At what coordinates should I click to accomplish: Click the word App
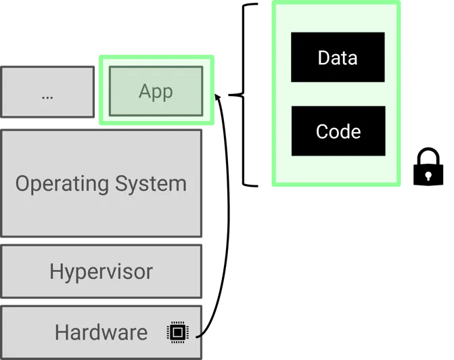tap(156, 92)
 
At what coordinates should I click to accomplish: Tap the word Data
tap(338, 58)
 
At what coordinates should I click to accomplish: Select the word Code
tap(338, 131)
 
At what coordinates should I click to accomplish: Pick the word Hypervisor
tap(101, 272)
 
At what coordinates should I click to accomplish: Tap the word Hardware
tap(101, 332)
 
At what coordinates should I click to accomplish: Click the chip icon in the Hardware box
tap(177, 332)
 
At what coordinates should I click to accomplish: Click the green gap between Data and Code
tap(338, 94)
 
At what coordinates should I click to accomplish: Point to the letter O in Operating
tap(22, 183)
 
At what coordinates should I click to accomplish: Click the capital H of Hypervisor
tap(55, 271)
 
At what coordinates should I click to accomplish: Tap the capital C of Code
tap(322, 131)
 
